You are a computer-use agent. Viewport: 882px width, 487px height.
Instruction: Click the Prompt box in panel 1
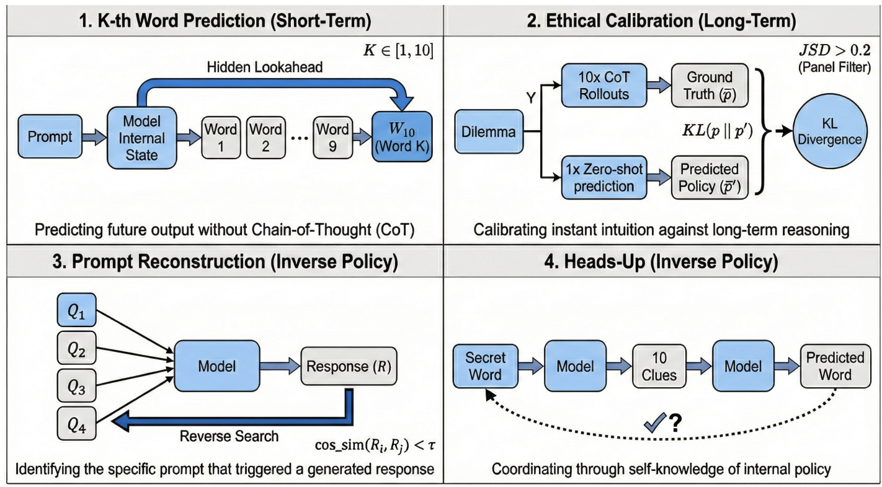point(50,136)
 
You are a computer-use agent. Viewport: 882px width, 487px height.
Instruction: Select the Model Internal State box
point(142,138)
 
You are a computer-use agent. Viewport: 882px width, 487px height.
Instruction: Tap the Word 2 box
point(266,138)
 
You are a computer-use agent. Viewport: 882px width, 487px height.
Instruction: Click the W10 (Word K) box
point(402,137)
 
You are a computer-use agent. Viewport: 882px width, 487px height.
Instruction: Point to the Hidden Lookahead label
point(265,68)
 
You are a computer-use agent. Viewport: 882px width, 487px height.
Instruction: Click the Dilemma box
point(489,131)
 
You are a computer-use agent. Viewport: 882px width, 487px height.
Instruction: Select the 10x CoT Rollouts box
point(604,86)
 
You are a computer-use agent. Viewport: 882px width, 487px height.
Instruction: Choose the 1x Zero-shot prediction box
point(604,177)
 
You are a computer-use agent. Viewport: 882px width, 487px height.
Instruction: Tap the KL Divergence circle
point(830,131)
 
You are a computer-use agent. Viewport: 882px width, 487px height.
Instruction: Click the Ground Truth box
point(710,86)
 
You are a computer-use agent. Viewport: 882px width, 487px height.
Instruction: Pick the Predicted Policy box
point(710,177)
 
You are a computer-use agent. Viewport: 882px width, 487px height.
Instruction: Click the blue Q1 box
point(77,310)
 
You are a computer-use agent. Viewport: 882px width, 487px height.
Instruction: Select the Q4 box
point(77,423)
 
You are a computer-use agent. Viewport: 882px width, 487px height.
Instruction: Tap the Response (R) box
point(349,366)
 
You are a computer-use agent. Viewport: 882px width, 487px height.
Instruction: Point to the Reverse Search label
point(229,436)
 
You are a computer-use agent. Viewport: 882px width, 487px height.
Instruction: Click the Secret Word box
point(485,366)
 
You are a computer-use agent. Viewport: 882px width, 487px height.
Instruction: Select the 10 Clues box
point(659,366)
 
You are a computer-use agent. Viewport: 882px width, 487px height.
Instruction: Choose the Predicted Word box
point(835,366)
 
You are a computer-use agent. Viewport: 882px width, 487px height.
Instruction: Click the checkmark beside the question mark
point(655,423)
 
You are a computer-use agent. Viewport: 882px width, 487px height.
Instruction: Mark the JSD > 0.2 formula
point(835,50)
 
